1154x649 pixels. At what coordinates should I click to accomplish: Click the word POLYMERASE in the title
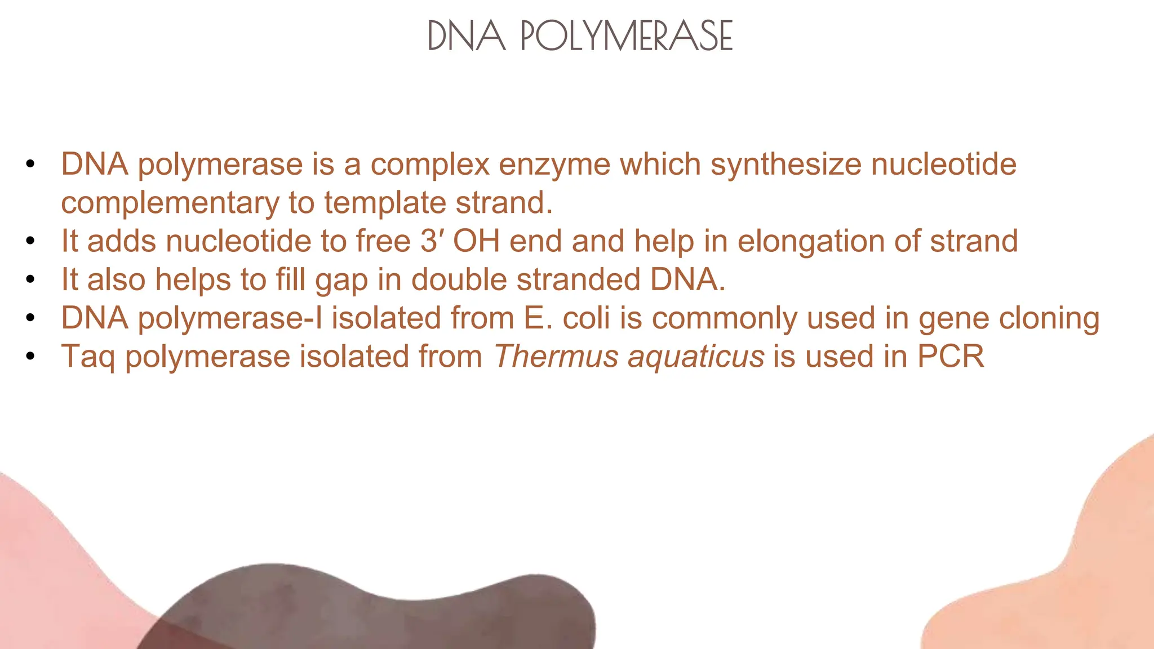pos(626,35)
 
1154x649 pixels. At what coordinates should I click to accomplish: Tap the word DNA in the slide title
pos(467,35)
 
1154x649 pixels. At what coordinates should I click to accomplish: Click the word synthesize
pos(785,165)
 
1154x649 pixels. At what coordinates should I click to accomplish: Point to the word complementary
pos(170,203)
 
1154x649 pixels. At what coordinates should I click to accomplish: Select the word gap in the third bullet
pos(341,280)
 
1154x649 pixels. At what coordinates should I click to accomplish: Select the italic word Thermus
pos(556,357)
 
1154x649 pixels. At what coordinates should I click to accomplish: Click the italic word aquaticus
pos(696,357)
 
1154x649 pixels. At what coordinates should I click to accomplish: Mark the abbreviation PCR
pos(951,357)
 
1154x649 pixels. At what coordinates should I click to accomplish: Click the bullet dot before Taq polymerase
pos(30,357)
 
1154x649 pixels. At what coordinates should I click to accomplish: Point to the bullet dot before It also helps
pos(30,279)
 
